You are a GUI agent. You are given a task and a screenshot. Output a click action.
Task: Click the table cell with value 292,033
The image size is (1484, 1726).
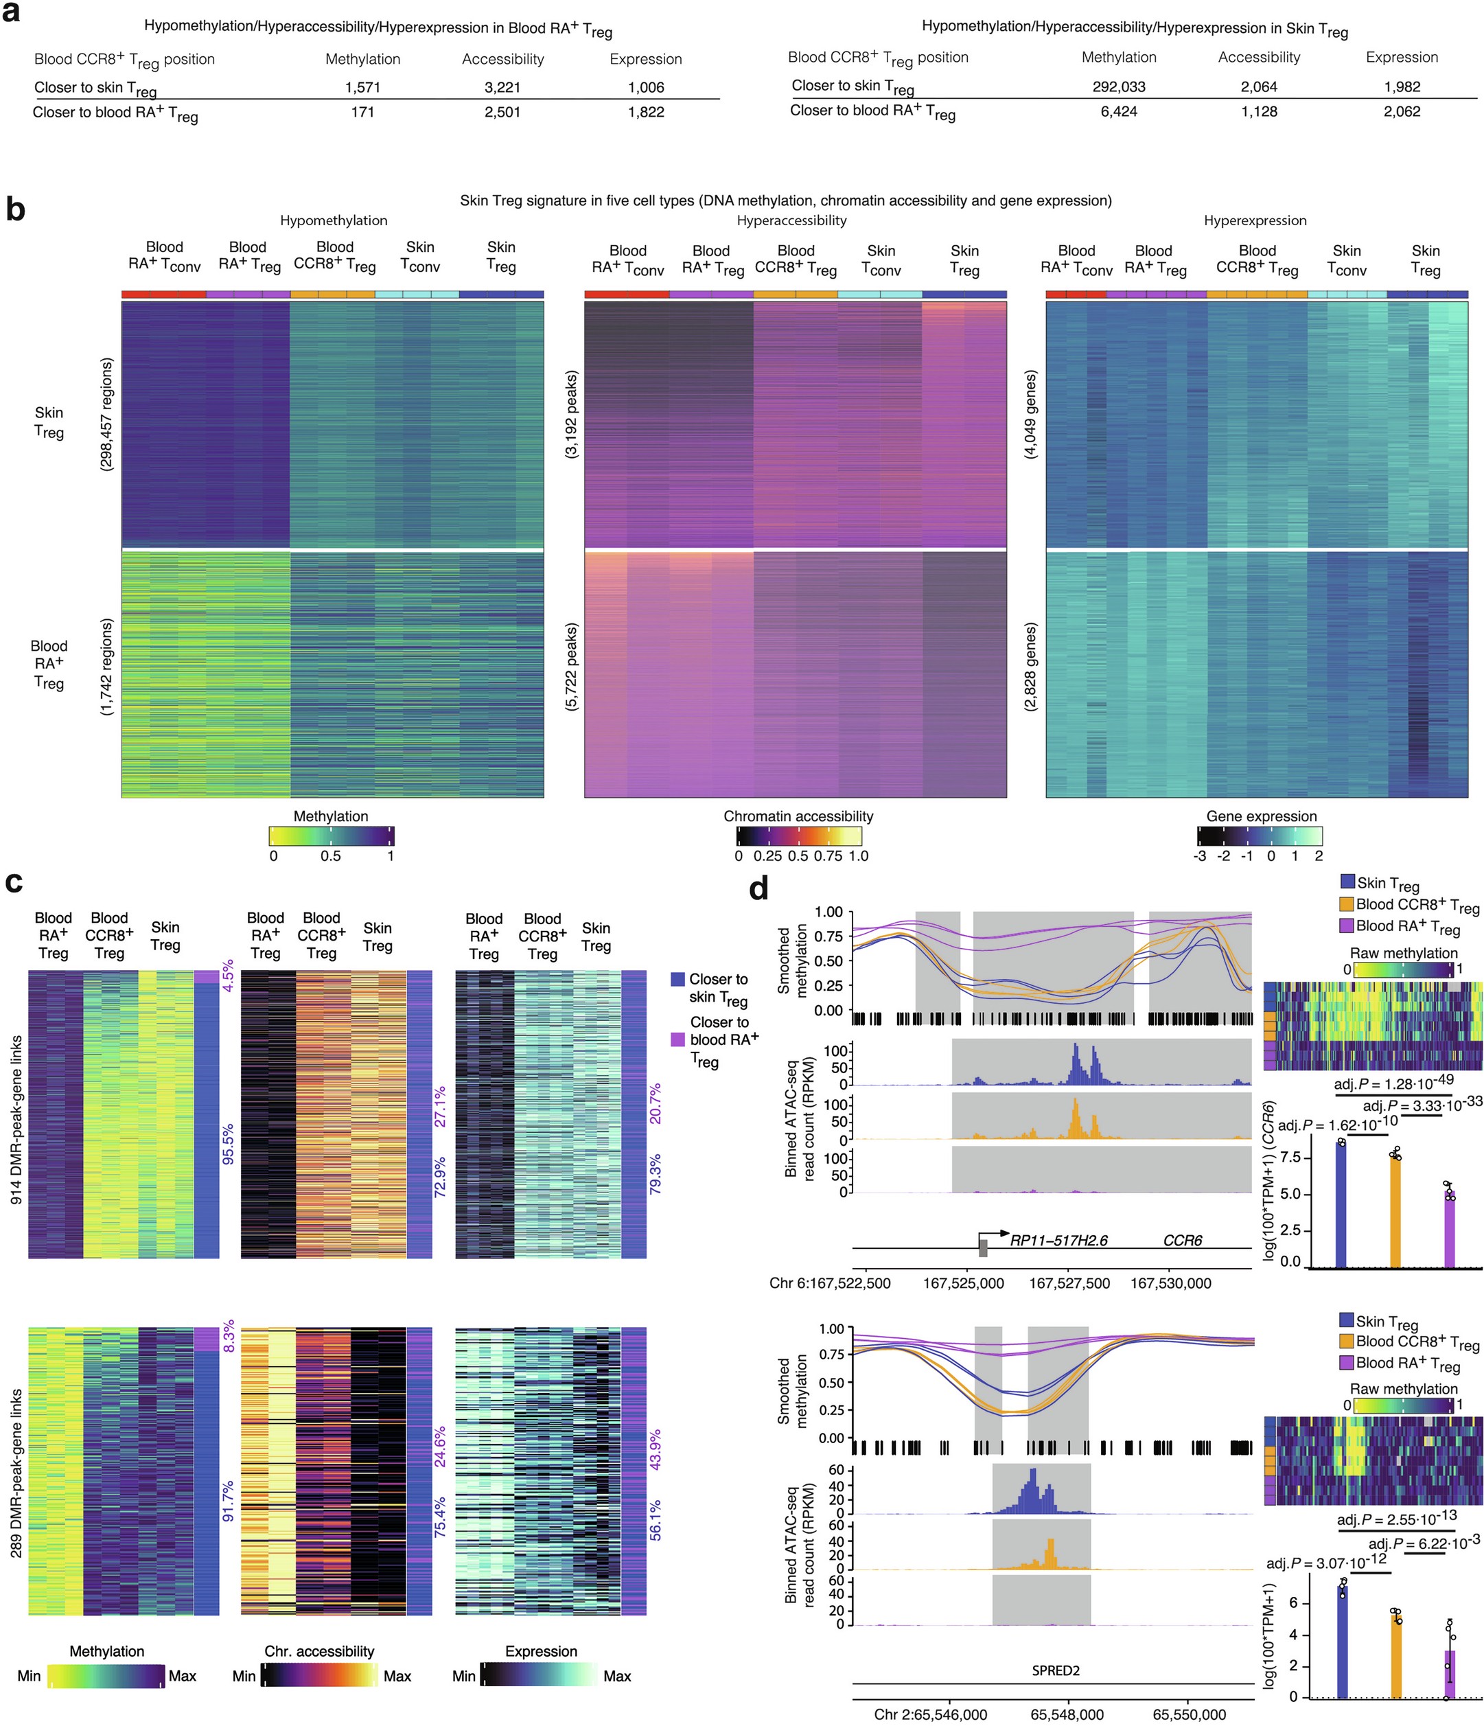1118,87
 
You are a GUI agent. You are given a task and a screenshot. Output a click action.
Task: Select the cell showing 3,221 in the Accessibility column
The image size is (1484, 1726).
502,87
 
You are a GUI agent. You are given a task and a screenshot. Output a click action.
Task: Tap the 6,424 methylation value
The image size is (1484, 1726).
1118,112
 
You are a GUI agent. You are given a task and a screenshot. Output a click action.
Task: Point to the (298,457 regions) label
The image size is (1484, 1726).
106,414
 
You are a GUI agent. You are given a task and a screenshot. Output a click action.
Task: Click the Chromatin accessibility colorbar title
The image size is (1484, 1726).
798,816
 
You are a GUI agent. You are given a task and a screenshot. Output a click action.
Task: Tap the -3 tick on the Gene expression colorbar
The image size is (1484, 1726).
1199,855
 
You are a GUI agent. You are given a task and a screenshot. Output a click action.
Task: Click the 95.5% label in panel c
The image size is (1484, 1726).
227,1143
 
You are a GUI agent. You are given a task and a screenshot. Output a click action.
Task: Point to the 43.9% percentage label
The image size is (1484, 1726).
656,1449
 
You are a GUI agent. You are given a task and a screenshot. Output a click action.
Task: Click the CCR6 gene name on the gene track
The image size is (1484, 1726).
1182,1241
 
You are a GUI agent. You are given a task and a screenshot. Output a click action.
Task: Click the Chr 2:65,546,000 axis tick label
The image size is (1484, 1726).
930,1714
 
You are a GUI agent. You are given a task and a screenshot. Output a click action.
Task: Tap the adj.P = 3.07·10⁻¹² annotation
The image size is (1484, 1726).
1325,1561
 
